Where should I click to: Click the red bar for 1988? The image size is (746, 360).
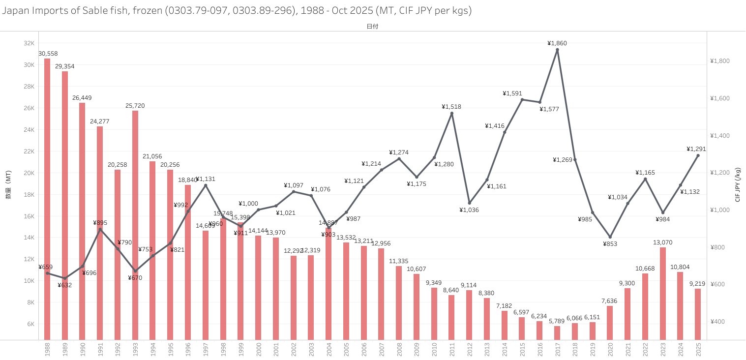tap(47, 197)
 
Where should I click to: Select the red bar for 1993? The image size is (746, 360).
tap(135, 221)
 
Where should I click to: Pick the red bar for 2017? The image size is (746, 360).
tap(557, 332)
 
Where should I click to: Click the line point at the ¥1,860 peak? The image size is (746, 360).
tap(557, 50)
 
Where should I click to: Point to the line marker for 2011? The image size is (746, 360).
tap(452, 114)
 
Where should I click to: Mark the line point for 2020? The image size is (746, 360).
tap(610, 237)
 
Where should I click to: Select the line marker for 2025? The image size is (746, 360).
tap(698, 155)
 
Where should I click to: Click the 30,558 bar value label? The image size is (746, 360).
tap(48, 54)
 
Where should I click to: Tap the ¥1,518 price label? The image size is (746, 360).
tap(451, 107)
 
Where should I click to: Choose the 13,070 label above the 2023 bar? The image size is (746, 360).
tap(663, 242)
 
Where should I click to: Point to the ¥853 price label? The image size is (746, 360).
tap(610, 244)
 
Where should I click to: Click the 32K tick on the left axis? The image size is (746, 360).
tap(29, 43)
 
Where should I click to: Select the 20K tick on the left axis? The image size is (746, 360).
tap(29, 173)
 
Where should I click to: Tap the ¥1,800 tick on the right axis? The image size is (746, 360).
tap(719, 61)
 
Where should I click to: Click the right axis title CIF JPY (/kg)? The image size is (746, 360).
tap(738, 185)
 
